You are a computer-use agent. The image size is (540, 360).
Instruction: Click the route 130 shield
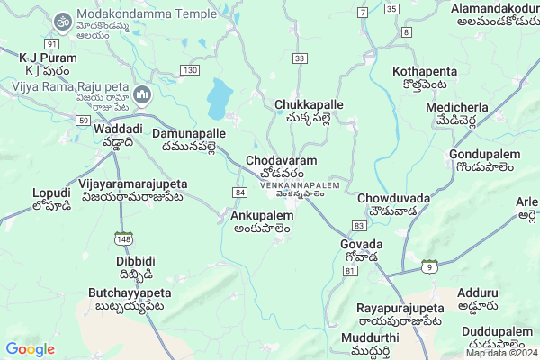click(x=189, y=70)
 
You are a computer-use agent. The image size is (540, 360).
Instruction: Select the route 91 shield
click(x=51, y=43)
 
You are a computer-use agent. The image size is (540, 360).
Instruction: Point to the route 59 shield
click(x=83, y=120)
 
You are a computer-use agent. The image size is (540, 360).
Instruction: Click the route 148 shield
click(x=122, y=238)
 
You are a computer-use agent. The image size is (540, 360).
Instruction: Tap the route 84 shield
click(x=239, y=193)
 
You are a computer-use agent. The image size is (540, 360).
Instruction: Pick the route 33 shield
click(x=300, y=58)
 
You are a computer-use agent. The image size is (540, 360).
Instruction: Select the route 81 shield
click(x=350, y=270)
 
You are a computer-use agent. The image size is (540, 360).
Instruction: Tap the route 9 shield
click(x=430, y=265)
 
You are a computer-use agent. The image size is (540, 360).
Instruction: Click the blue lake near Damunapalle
click(x=219, y=98)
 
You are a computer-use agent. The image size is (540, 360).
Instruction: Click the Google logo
click(x=30, y=349)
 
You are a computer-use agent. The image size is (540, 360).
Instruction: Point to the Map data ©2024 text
click(x=501, y=353)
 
